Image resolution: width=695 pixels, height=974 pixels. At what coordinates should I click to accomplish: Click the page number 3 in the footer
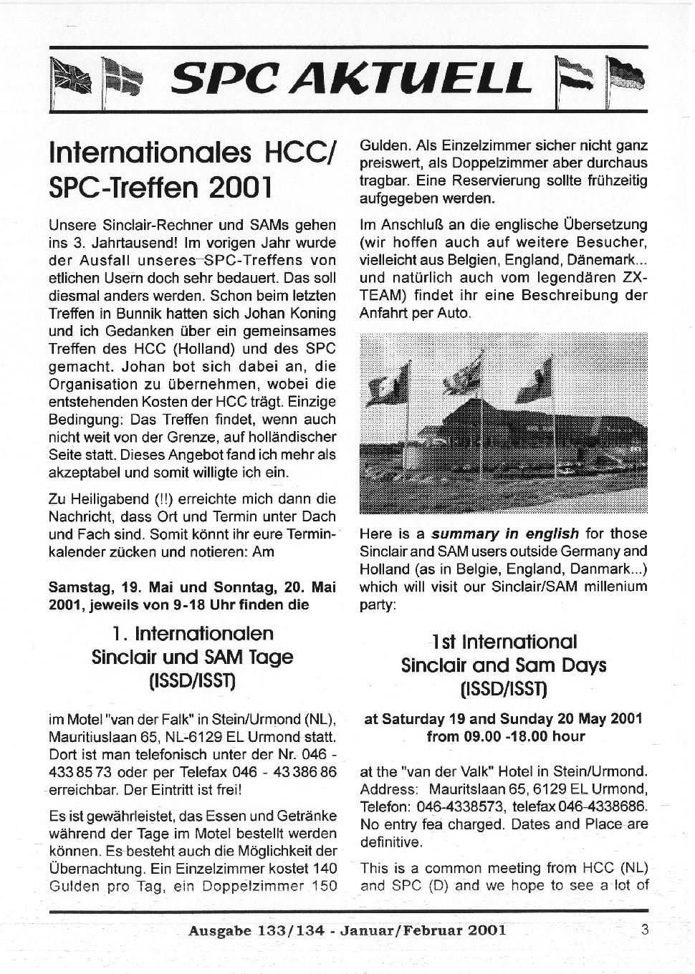pyautogui.click(x=645, y=930)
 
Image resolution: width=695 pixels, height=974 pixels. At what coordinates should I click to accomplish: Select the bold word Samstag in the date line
pyautogui.click(x=80, y=587)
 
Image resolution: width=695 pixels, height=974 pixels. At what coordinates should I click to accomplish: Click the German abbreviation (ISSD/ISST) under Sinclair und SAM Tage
pyautogui.click(x=192, y=680)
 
